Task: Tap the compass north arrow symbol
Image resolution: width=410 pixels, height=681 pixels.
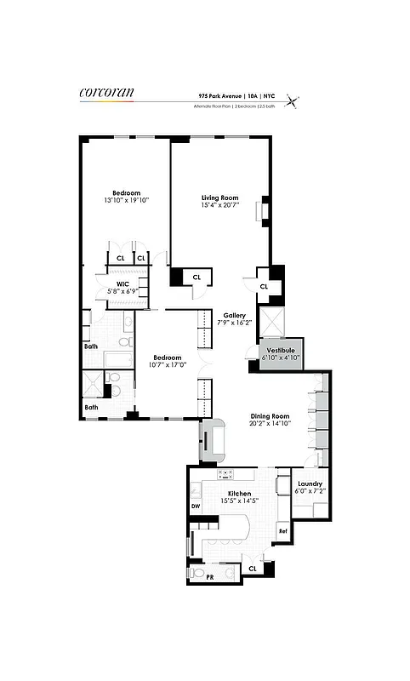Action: click(293, 101)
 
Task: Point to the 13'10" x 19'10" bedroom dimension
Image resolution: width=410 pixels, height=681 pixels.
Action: click(126, 201)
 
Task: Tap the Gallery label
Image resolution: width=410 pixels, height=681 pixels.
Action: click(235, 313)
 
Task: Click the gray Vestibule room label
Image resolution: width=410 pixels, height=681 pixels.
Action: click(281, 350)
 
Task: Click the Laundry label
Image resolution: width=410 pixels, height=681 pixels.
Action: click(310, 483)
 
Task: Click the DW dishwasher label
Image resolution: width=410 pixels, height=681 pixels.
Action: click(195, 506)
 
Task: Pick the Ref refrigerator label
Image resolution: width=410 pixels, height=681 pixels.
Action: click(282, 531)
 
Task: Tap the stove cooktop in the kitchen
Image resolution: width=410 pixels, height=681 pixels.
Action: click(226, 474)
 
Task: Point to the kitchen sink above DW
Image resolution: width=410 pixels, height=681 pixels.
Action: click(196, 489)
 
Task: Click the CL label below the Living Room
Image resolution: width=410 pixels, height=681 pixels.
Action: click(196, 277)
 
